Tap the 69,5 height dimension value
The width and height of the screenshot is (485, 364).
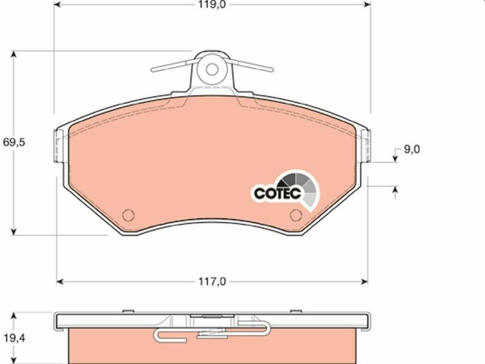click(13, 143)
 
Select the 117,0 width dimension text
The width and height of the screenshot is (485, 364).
click(212, 281)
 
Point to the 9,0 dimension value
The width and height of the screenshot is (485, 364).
click(411, 149)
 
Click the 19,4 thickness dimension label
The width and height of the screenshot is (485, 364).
click(14, 339)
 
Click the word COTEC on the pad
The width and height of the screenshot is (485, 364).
click(278, 194)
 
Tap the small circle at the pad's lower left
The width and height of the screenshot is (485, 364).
click(128, 215)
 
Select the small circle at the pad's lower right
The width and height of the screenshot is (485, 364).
click(296, 215)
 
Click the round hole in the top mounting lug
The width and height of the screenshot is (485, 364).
click(212, 70)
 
